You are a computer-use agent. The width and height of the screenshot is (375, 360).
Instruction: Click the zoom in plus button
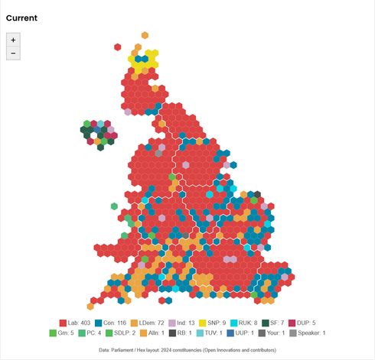click(13, 39)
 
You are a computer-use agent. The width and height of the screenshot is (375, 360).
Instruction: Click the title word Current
click(21, 18)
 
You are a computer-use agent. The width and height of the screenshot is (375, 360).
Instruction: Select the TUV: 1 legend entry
click(229, 333)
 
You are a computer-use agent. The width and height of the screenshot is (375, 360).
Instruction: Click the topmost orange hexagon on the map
click(144, 34)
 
